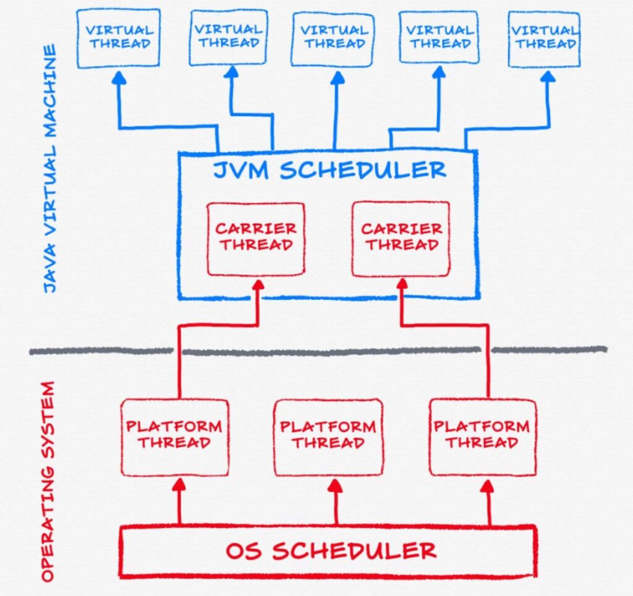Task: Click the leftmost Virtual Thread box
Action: [x=118, y=37]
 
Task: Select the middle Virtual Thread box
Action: [x=334, y=37]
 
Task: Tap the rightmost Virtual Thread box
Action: [x=544, y=37]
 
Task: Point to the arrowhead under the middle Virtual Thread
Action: [x=338, y=78]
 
